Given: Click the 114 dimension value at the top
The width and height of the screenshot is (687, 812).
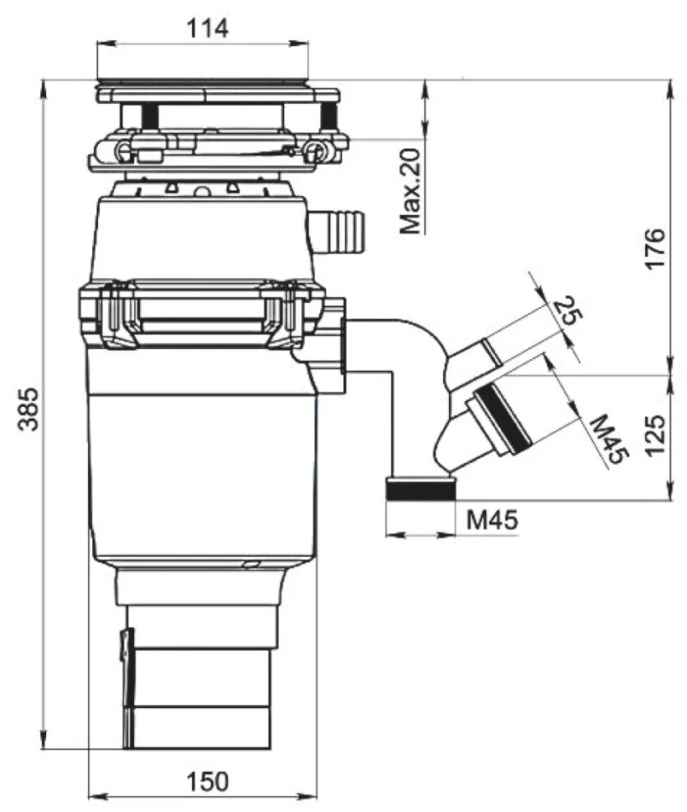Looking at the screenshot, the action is (207, 28).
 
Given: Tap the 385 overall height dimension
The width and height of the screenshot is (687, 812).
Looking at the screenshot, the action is (29, 408).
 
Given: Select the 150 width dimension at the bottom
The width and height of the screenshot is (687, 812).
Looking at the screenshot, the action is (207, 782).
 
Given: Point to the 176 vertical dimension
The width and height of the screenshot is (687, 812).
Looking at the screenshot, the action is (655, 248).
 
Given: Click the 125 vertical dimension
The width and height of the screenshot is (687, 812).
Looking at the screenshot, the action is (655, 434).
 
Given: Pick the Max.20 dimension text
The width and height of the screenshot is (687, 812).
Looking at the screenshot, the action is (411, 191).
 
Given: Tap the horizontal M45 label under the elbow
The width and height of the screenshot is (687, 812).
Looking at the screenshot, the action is (492, 519).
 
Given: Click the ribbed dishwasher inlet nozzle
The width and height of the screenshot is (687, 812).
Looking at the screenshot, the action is (338, 230).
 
